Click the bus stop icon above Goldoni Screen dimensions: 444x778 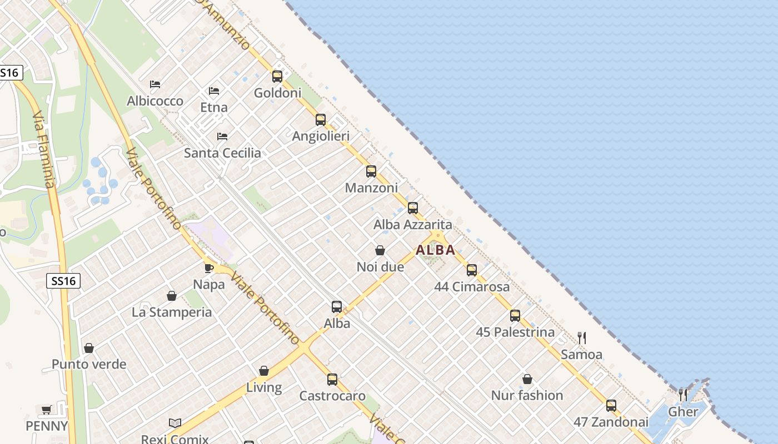(x=277, y=77)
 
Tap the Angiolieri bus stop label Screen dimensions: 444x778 (x=321, y=137)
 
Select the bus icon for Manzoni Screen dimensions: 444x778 (x=371, y=171)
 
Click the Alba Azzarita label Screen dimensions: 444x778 (x=412, y=225)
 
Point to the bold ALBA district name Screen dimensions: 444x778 (x=436, y=250)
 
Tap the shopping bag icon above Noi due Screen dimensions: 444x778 (x=380, y=251)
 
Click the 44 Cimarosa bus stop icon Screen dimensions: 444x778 (x=472, y=270)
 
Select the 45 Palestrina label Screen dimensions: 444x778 (x=515, y=332)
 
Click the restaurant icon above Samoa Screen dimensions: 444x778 (x=582, y=337)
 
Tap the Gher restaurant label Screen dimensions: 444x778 (x=683, y=412)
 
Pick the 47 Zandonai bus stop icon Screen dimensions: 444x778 (x=611, y=406)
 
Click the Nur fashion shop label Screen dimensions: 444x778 (x=527, y=396)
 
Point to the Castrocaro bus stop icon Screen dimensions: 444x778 (x=332, y=380)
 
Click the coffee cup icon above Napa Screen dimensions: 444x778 (x=209, y=268)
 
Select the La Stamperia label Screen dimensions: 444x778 (x=172, y=312)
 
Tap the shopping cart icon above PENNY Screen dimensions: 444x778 (x=47, y=410)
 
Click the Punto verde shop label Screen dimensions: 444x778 (x=89, y=365)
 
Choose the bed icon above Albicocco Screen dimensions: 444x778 (x=155, y=84)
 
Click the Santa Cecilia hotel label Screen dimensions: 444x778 (x=222, y=153)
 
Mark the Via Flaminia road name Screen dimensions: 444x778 (x=44, y=150)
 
